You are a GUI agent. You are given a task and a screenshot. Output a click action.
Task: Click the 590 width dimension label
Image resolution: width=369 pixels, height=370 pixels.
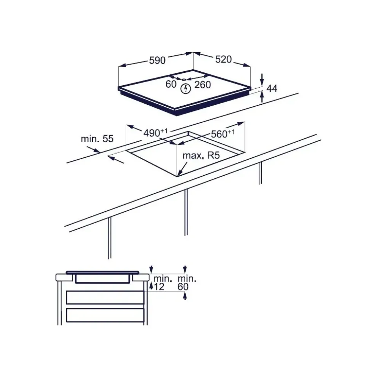click(157, 60)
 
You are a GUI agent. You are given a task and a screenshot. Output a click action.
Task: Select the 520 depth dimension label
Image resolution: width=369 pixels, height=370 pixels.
click(223, 59)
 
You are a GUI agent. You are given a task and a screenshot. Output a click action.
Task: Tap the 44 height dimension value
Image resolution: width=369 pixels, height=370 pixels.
click(272, 89)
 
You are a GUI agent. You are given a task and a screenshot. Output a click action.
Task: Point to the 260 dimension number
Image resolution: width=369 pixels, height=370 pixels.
click(202, 85)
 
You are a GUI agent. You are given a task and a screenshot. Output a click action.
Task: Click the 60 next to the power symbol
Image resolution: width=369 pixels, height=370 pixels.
click(171, 85)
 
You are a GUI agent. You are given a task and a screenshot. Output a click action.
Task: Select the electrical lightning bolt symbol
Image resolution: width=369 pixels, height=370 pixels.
click(185, 89)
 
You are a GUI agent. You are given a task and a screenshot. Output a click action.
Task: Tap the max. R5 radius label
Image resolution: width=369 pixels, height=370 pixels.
click(202, 155)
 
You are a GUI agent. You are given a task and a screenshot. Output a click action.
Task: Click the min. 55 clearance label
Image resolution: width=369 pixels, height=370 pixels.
click(97, 139)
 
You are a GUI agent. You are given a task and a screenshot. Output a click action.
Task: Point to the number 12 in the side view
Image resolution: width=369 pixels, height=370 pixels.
click(159, 287)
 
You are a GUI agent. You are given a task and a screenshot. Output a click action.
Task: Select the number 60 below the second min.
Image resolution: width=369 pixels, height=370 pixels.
click(183, 287)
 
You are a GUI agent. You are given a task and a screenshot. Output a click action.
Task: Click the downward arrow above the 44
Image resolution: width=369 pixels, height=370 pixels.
click(262, 80)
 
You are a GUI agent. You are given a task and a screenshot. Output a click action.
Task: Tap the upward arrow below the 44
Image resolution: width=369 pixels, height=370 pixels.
click(262, 98)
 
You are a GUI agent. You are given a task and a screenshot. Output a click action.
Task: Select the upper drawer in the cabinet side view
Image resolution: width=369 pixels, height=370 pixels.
click(105, 297)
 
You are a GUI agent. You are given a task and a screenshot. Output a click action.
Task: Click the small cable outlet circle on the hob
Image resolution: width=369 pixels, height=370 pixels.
click(184, 80)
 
